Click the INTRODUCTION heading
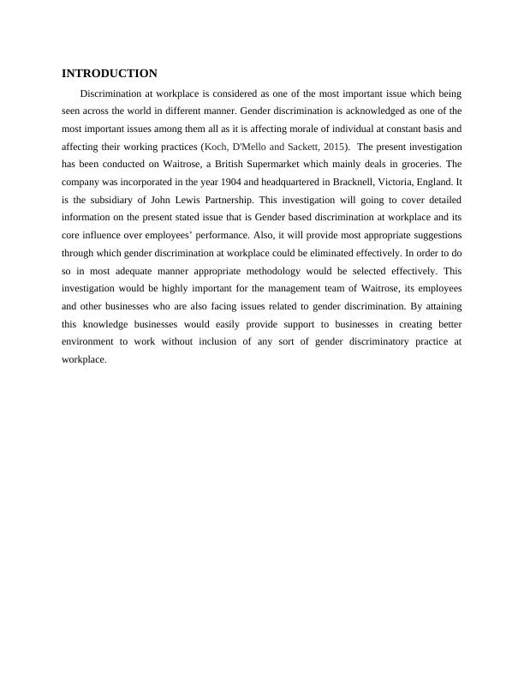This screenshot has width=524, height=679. click(110, 74)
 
